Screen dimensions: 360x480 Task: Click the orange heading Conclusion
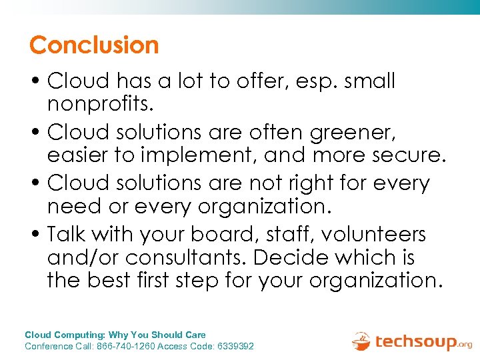pos(94,45)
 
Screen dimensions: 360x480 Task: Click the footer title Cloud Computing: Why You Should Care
pos(115,335)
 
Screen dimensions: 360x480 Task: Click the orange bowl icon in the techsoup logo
pos(361,341)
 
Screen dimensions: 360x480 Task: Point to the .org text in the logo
pos(464,345)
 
